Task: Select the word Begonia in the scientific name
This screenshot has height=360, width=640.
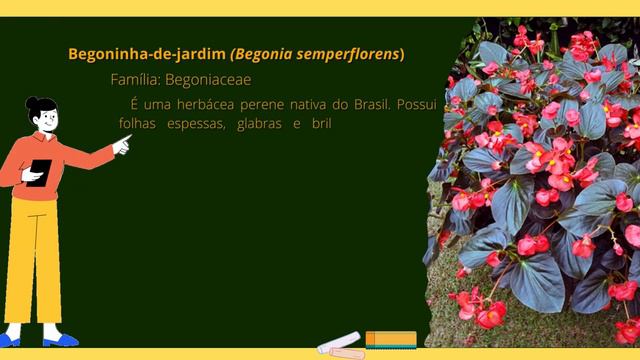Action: tap(264, 54)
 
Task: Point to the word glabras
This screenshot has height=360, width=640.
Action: tap(261, 124)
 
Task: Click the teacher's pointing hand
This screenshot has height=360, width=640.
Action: tap(122, 144)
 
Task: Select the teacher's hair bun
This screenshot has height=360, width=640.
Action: tap(31, 103)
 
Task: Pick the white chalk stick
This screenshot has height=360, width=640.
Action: tap(338, 342)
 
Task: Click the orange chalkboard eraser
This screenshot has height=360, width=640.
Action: tap(390, 339)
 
